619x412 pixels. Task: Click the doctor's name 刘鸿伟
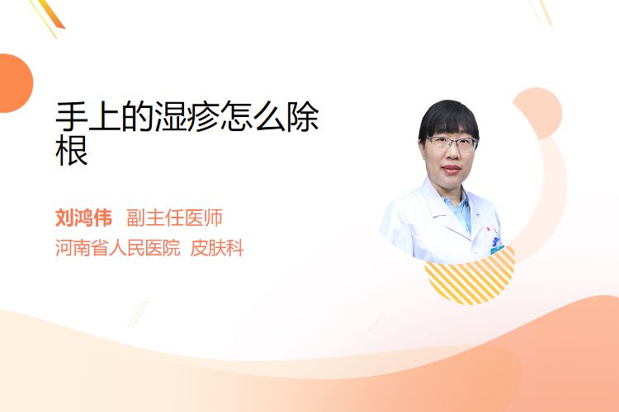click(83, 218)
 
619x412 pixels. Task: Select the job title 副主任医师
click(174, 218)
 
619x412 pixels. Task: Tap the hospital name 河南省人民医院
click(118, 248)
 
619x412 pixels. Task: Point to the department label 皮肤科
click(217, 248)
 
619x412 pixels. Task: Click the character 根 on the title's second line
click(72, 150)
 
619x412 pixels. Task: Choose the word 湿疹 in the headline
click(187, 116)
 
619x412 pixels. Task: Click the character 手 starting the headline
click(72, 116)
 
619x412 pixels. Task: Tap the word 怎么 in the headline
click(253, 116)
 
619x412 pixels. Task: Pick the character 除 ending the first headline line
click(302, 116)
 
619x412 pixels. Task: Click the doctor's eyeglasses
click(451, 143)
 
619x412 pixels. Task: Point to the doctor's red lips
click(451, 170)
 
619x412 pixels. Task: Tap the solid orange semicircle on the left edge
click(15, 83)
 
